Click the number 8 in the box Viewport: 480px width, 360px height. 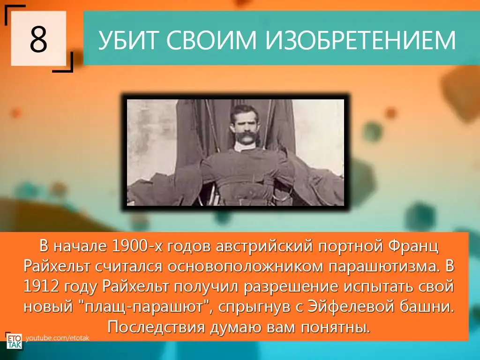click(38, 39)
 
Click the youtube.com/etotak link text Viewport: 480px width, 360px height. click(58, 338)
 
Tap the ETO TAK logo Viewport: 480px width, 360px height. click(14, 341)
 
